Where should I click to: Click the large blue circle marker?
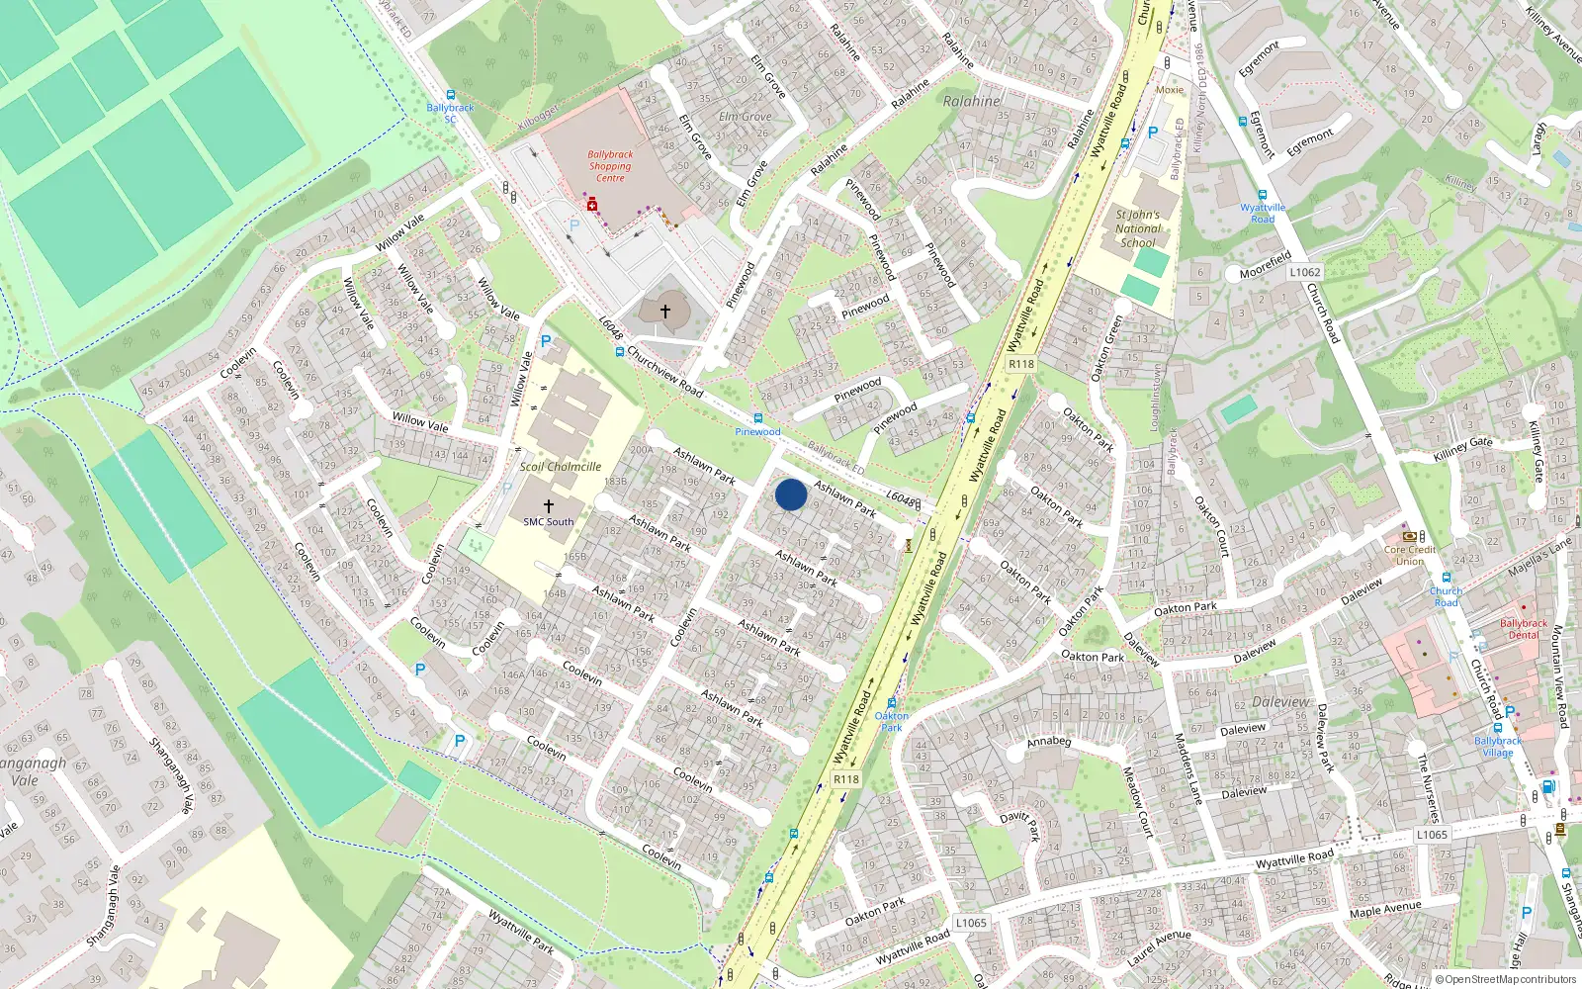[x=791, y=494]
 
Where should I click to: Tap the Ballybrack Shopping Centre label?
[x=610, y=166]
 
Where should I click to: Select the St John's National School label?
[x=1137, y=228]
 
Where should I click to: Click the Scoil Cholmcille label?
[x=561, y=467]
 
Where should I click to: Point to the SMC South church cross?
[x=549, y=505]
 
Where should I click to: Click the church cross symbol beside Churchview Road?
[x=665, y=312]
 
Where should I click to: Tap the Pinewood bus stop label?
[x=757, y=431]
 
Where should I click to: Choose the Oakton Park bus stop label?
[x=891, y=721]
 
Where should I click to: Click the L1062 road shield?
[x=1304, y=272]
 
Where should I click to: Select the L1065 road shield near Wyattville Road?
[x=1432, y=835]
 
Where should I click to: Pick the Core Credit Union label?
[x=1410, y=555]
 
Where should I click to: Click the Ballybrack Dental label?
[x=1524, y=629]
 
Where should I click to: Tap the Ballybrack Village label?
[x=1498, y=746]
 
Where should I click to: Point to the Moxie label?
[x=1170, y=90]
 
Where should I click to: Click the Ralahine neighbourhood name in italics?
[x=971, y=101]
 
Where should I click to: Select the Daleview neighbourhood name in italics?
[x=1280, y=702]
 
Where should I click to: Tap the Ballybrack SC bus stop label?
[x=450, y=113]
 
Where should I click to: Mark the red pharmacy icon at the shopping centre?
[x=592, y=205]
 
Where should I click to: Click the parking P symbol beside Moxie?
[x=1152, y=133]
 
